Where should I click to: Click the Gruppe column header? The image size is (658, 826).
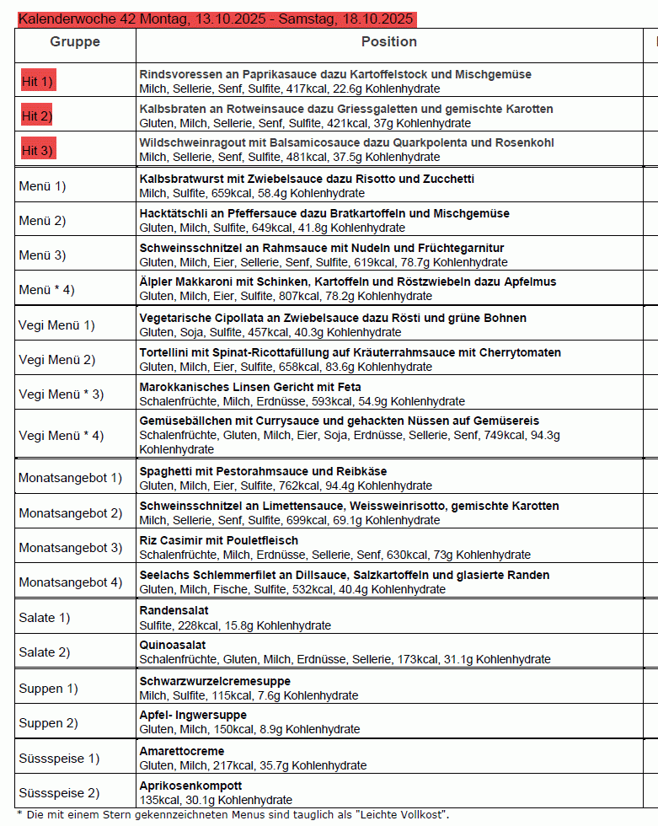point(75,41)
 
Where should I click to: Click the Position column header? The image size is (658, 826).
point(388,41)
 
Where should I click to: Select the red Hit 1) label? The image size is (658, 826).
point(37,82)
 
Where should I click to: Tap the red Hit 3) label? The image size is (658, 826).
point(37,150)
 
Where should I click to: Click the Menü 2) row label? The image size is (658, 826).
point(42,221)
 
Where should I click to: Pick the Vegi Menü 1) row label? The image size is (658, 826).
point(56,324)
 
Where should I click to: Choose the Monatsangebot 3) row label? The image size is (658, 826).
point(70,548)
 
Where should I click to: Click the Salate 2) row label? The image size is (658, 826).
point(45,652)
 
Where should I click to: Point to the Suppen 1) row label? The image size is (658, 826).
point(48,688)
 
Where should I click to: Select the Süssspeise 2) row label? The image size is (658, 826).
point(59,792)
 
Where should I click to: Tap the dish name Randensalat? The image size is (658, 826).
point(174,610)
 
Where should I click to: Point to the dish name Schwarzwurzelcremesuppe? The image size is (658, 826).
point(215,680)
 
